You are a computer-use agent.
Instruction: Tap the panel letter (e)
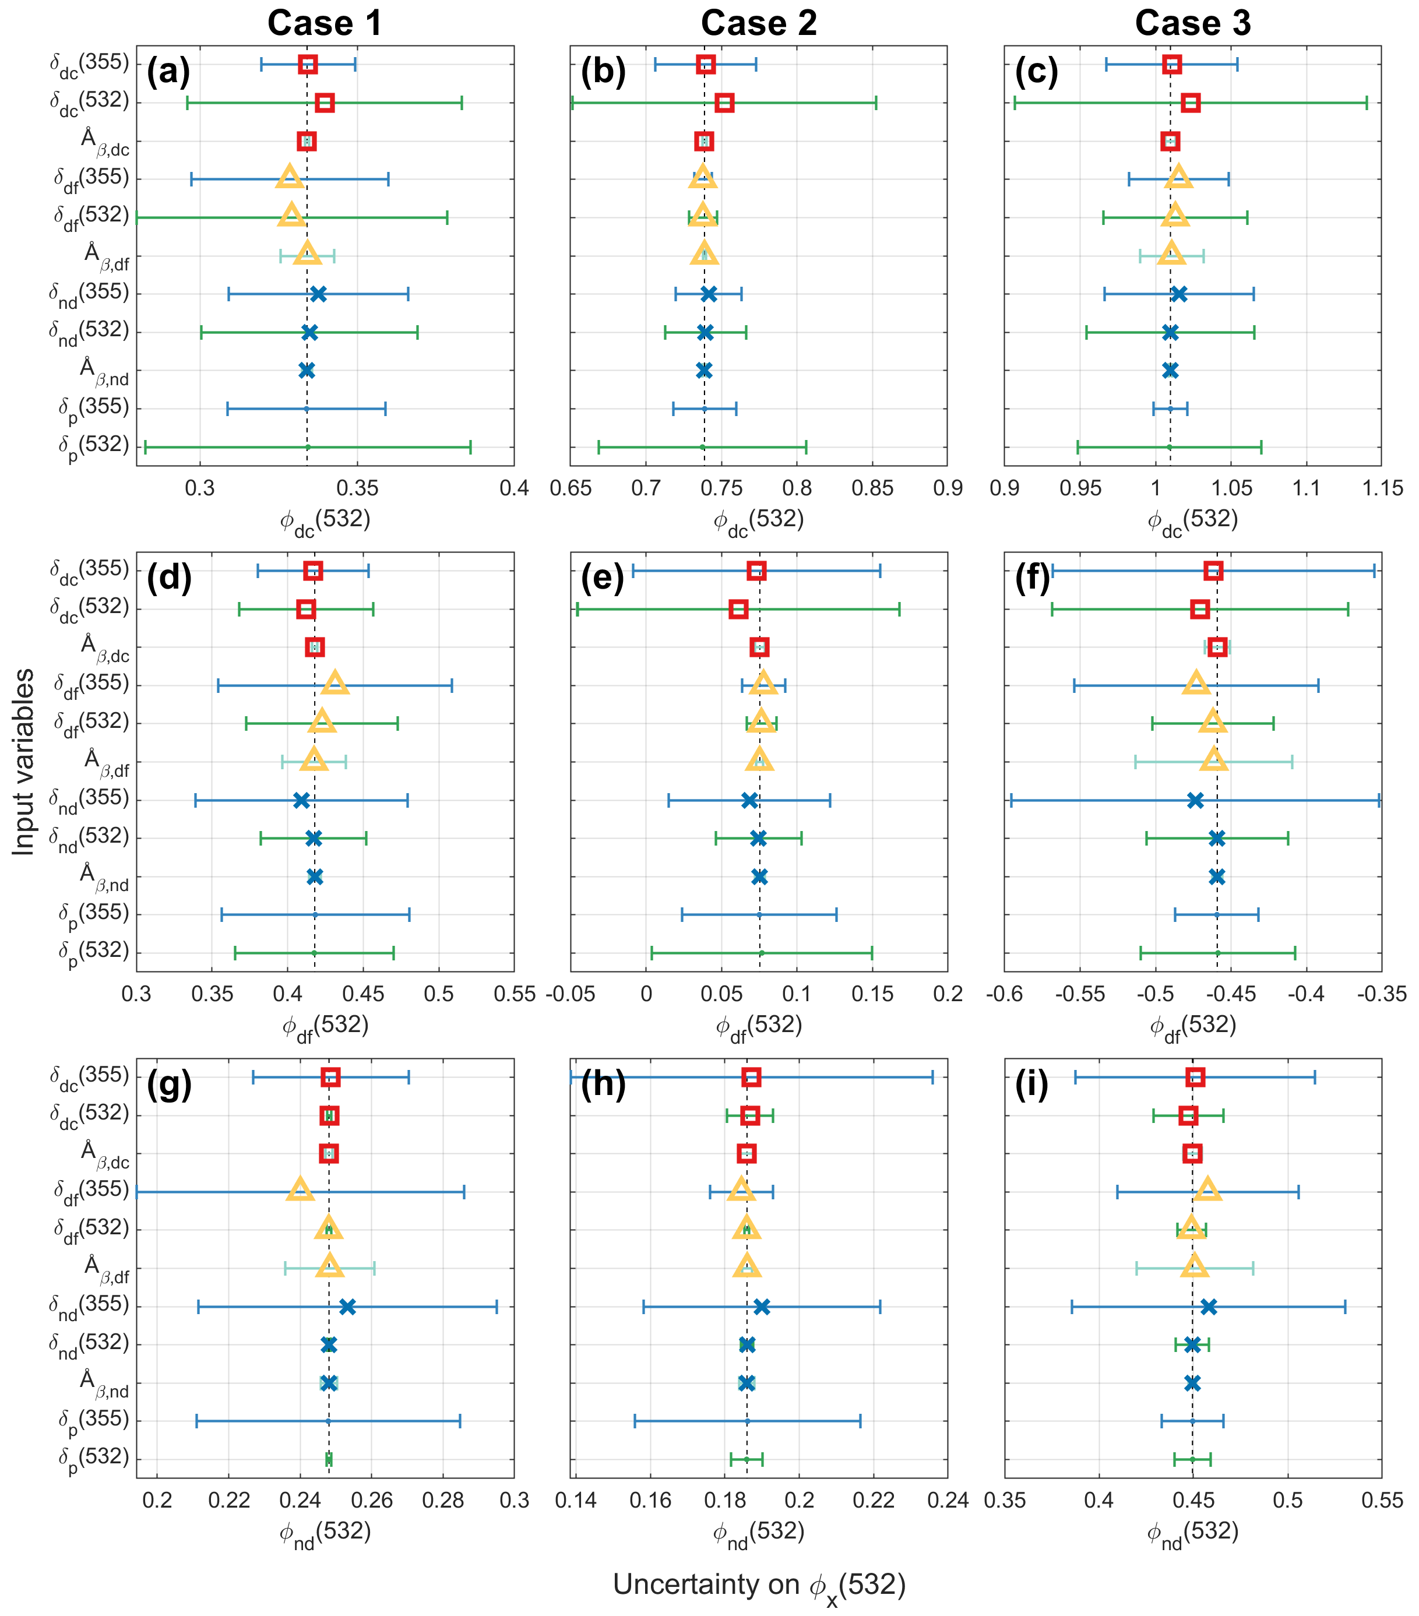tap(603, 579)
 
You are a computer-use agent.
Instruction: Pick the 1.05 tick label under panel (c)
tap(1231, 488)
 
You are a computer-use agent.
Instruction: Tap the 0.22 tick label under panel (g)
tap(229, 1501)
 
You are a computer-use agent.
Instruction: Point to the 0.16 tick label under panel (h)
tap(650, 1501)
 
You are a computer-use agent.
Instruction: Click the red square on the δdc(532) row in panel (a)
tap(324, 103)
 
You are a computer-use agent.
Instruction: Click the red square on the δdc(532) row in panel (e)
tap(738, 609)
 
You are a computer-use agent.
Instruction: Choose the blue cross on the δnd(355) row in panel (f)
tap(1195, 801)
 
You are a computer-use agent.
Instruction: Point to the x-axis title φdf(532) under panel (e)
tap(759, 1026)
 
